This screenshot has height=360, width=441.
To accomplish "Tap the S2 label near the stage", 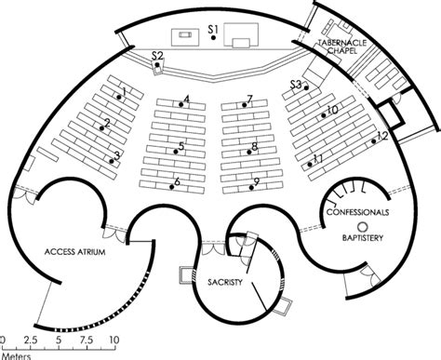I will [157, 58].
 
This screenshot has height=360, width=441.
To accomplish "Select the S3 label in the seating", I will [295, 85].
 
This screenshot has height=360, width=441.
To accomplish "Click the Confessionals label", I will [358, 213].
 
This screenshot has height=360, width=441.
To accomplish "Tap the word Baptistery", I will [361, 239].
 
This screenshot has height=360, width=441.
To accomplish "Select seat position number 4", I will [187, 99].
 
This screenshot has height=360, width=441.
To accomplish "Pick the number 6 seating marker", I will [177, 181].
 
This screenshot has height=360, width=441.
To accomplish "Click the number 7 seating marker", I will [250, 99].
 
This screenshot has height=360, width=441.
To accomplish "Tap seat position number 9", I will [256, 181].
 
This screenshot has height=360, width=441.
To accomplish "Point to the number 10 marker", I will [331, 111].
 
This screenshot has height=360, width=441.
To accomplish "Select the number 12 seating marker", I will [381, 137].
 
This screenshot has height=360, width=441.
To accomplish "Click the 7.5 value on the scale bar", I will [85, 340].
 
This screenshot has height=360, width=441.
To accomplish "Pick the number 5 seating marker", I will [181, 145].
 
